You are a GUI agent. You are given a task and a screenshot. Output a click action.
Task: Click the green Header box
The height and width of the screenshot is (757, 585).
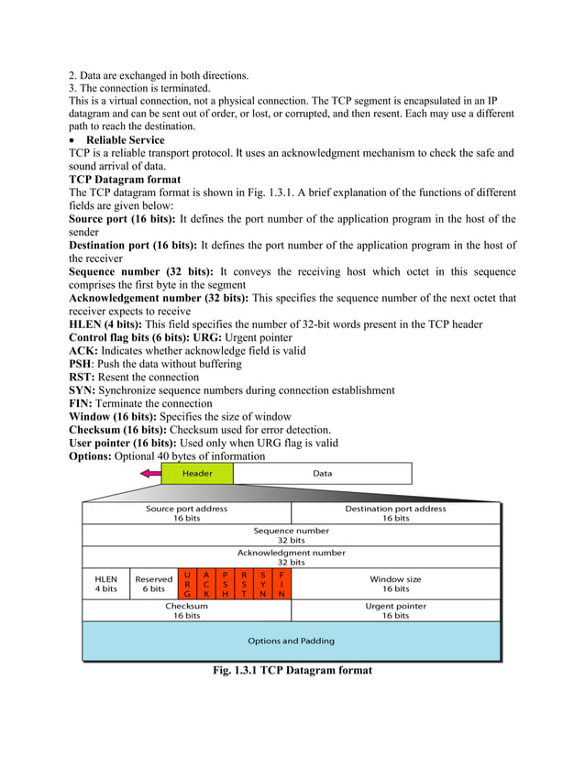pos(197,473)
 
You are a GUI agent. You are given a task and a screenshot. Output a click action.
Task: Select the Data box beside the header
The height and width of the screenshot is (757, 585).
pos(322,473)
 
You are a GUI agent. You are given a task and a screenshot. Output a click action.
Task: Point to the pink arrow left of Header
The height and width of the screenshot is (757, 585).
pos(149,474)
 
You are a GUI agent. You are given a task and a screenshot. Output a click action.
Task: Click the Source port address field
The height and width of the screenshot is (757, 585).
pos(187,513)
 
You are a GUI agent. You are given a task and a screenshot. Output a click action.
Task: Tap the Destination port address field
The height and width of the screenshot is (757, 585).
pos(395,513)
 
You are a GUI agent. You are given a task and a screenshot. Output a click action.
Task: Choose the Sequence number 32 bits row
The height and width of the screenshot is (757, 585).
pos(291,535)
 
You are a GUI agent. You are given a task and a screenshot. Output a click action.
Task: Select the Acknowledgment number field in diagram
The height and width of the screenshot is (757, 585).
pos(291,557)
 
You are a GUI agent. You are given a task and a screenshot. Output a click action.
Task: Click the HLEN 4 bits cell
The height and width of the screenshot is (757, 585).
pos(106,584)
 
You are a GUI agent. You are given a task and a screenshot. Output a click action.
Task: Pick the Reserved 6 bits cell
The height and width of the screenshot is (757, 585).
pos(154,584)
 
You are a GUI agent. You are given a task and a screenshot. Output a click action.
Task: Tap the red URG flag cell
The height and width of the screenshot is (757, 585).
pos(188,584)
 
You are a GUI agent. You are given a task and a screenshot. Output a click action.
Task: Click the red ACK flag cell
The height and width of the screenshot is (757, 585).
pos(206,584)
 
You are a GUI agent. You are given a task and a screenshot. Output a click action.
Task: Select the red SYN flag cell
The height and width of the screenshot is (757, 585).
pos(263,584)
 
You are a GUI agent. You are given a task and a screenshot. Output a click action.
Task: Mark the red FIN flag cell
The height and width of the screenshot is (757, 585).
pos(281,584)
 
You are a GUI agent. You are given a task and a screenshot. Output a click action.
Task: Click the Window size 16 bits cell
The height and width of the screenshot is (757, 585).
pos(395,584)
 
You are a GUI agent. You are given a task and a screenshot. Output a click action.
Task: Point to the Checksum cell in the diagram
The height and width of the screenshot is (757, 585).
pos(187,610)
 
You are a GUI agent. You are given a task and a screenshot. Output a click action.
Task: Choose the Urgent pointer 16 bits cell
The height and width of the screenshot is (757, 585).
pos(395,610)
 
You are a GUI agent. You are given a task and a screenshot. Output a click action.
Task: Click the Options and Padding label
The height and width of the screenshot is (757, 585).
pos(291,641)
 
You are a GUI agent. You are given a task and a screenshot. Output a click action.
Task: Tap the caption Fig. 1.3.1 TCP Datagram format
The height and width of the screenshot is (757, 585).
pos(292,671)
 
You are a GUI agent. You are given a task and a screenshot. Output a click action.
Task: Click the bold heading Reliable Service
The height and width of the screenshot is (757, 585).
pos(126,140)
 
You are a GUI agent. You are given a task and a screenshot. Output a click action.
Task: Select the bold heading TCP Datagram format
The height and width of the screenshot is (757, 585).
pos(125,180)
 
